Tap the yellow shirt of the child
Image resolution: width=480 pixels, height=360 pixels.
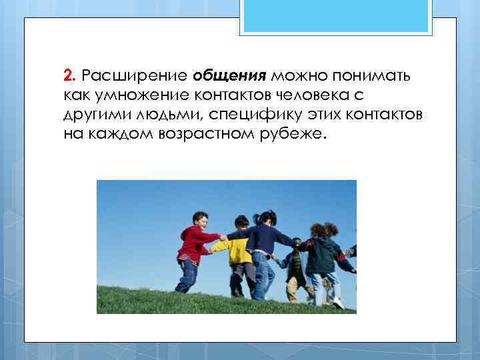tap(237, 249)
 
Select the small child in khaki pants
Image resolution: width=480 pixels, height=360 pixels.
tap(296, 267)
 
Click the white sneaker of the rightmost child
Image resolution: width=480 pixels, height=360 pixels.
tap(338, 303)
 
